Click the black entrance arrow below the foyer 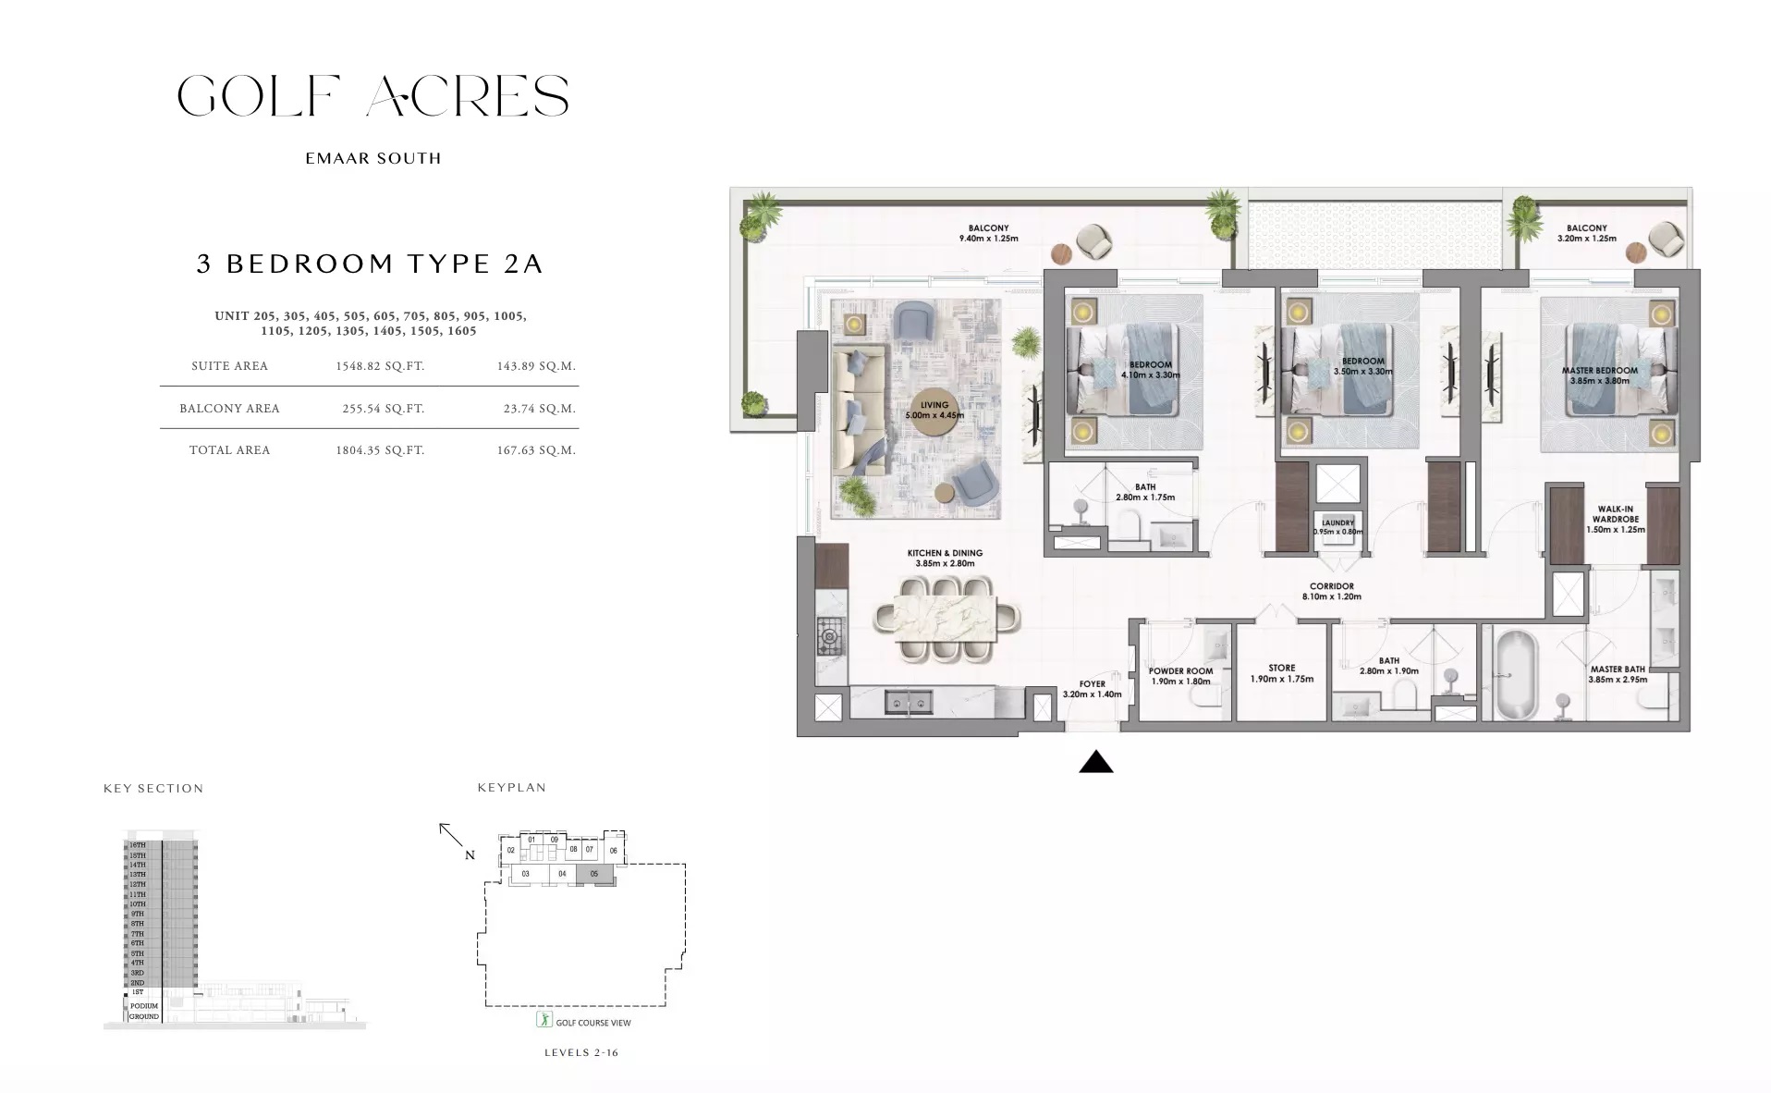(1095, 762)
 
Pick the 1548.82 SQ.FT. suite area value (380, 366)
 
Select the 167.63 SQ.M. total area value (536, 450)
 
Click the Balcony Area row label (229, 409)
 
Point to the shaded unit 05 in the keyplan (594, 874)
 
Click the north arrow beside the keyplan (451, 835)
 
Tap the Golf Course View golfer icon (544, 1020)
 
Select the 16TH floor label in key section (137, 845)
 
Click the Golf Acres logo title (373, 97)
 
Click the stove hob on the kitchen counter (829, 636)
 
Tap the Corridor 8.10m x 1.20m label (1331, 591)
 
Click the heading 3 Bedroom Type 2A (370, 264)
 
